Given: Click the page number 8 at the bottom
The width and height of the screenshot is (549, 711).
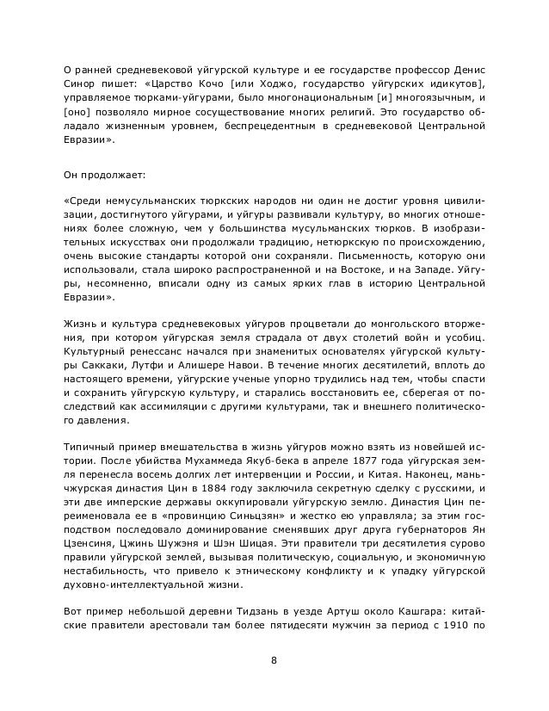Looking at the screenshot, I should tap(274, 661).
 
